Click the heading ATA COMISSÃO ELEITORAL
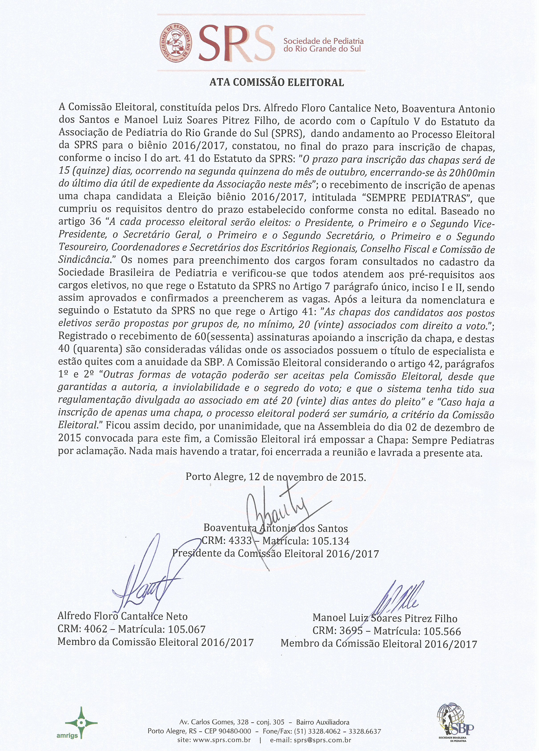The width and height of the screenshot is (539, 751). coord(277,82)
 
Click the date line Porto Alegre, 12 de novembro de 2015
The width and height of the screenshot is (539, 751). coord(276,477)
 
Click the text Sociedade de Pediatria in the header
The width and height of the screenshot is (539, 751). coord(323,41)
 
